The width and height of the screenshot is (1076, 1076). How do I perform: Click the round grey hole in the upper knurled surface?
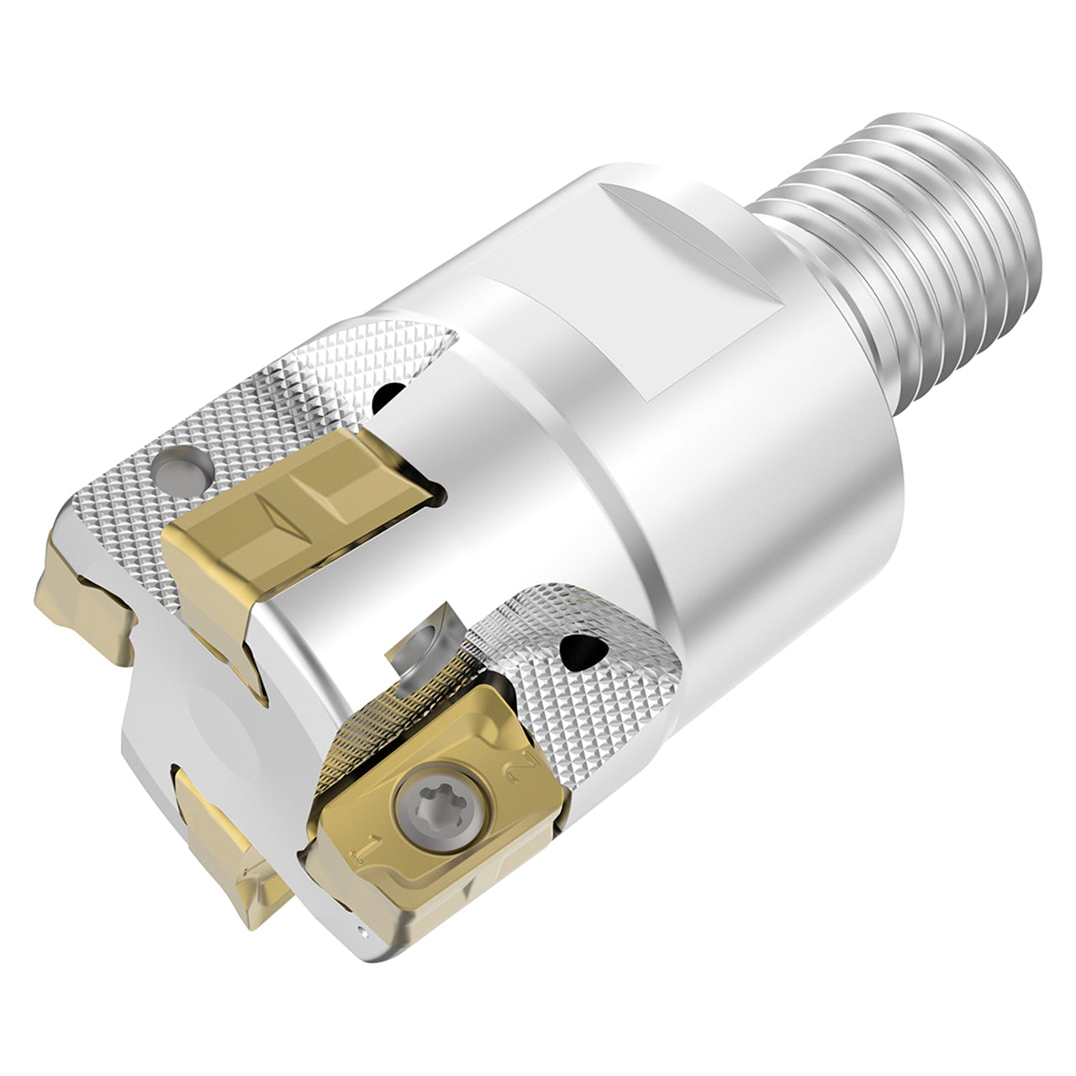tap(181, 470)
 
